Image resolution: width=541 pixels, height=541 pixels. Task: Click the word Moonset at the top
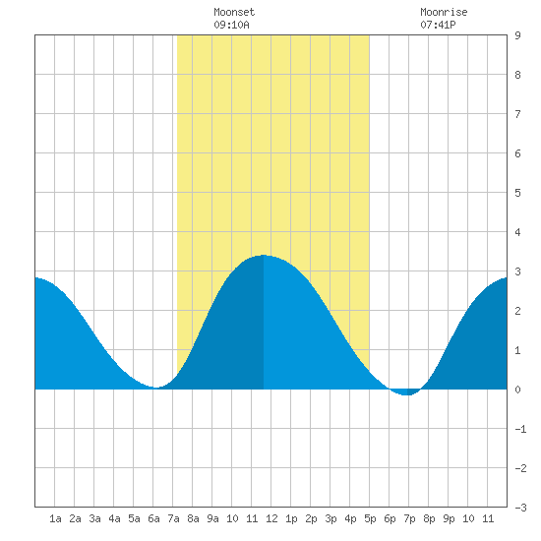pyautogui.click(x=234, y=12)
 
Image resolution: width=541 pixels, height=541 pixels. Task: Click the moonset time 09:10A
pyautogui.click(x=231, y=25)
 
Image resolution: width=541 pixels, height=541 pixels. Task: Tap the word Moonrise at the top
pyautogui.click(x=444, y=12)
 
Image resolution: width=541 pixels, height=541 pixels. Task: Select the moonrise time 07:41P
pyautogui.click(x=438, y=25)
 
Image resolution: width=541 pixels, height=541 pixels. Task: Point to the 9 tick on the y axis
pyautogui.click(x=517, y=35)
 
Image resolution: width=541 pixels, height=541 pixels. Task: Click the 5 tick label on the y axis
pyautogui.click(x=517, y=193)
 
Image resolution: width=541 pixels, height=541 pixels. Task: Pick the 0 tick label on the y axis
pyautogui.click(x=517, y=390)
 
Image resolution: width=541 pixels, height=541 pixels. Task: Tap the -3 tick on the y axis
pyautogui.click(x=520, y=508)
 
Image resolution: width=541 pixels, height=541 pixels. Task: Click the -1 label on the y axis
pyautogui.click(x=520, y=429)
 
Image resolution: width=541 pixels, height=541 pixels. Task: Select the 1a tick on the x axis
pyautogui.click(x=55, y=518)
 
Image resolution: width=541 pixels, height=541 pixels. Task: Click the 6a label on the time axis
pyautogui.click(x=153, y=518)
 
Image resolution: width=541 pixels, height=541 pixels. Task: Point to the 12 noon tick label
pyautogui.click(x=271, y=518)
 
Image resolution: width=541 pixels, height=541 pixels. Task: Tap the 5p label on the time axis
pyautogui.click(x=370, y=518)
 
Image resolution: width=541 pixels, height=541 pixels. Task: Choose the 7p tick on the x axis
pyautogui.click(x=409, y=518)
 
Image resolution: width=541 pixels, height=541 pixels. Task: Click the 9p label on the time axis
pyautogui.click(x=449, y=518)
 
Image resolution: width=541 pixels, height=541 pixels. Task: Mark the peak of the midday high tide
pyautogui.click(x=264, y=255)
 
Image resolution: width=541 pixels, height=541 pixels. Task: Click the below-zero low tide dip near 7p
pyautogui.click(x=407, y=394)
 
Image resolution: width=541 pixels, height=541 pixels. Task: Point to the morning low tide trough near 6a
pyautogui.click(x=156, y=388)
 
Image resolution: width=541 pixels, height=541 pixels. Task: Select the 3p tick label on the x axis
pyautogui.click(x=331, y=518)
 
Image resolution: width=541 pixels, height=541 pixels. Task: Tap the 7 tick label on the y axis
pyautogui.click(x=517, y=114)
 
